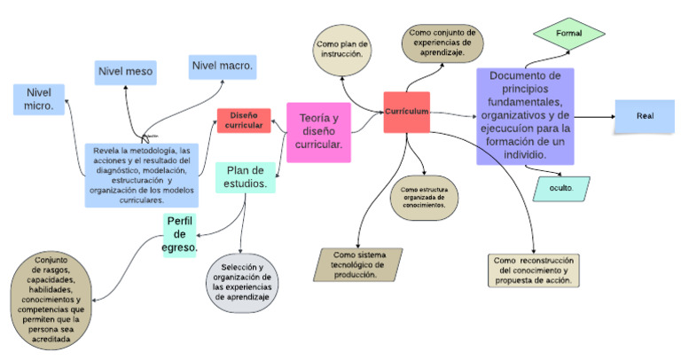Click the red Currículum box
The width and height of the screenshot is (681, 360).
(x=407, y=113)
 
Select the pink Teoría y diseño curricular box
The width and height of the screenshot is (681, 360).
(x=318, y=133)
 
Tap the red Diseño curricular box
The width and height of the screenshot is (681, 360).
(x=244, y=121)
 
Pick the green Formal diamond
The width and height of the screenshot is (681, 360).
(x=568, y=33)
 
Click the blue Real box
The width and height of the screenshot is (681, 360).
(x=644, y=116)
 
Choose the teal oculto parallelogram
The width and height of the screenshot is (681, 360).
(x=561, y=188)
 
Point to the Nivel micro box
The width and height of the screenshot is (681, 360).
(x=39, y=99)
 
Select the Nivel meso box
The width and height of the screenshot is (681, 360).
(x=126, y=72)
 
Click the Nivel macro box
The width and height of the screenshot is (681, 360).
(x=222, y=67)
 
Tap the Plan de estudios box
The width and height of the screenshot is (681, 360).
(x=246, y=177)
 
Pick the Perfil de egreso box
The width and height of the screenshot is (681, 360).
(x=180, y=234)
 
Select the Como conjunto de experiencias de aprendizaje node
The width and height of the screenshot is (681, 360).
(x=436, y=43)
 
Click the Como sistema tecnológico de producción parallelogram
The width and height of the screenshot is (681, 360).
(x=358, y=263)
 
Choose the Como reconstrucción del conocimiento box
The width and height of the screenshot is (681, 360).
(x=535, y=270)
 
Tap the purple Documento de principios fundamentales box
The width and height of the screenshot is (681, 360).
(x=525, y=115)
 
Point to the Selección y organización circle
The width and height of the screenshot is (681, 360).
(x=243, y=282)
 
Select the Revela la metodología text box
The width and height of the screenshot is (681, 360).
(x=141, y=175)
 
